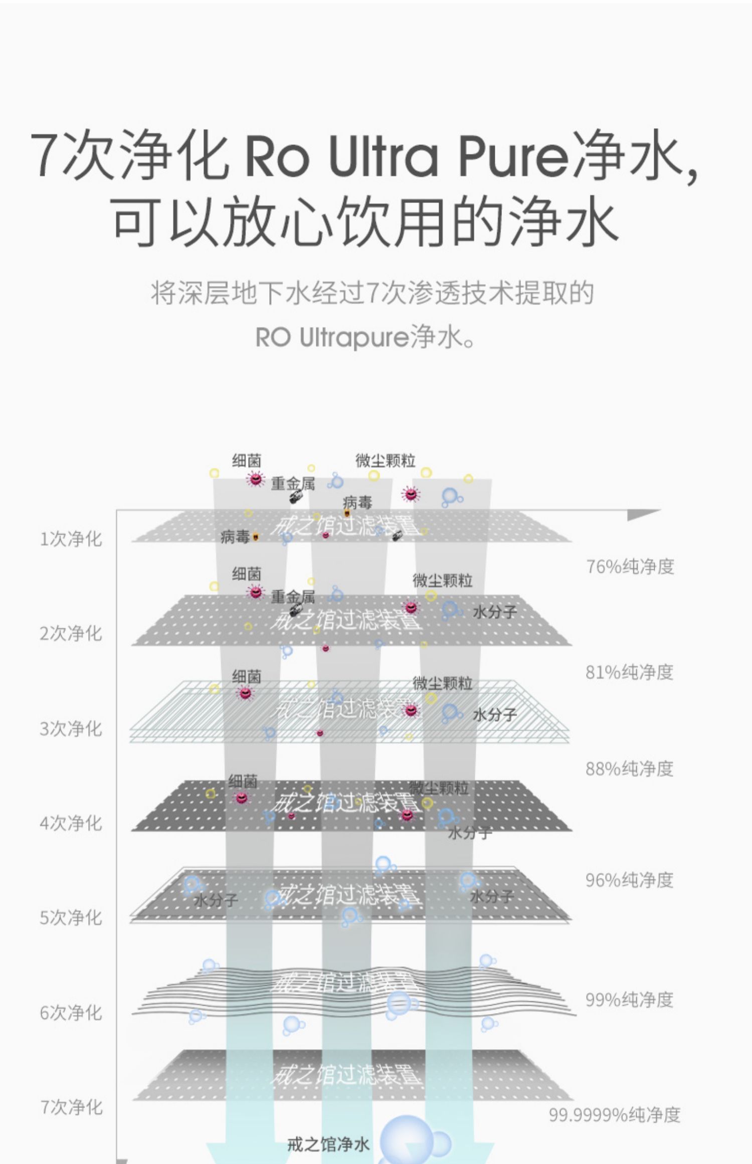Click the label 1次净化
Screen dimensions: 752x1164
coord(71,539)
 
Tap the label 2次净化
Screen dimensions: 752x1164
coord(71,633)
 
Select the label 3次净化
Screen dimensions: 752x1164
coord(71,728)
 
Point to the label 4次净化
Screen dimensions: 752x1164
coord(71,823)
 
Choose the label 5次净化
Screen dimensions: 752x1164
coord(71,917)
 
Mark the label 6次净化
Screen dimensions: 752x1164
coord(71,1012)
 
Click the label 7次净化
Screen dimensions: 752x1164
coord(71,1107)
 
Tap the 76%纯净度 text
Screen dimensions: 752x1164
coord(630,566)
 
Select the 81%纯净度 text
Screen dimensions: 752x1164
coord(629,672)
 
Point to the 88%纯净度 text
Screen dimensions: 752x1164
coord(629,768)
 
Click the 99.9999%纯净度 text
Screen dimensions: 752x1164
coord(614,1114)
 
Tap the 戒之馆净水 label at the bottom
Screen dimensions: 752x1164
coord(328,1144)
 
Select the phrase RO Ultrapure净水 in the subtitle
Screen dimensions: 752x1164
coord(365,337)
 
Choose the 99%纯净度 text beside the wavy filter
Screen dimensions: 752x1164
coord(629,999)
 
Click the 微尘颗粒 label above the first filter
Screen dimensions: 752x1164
coord(385,460)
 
